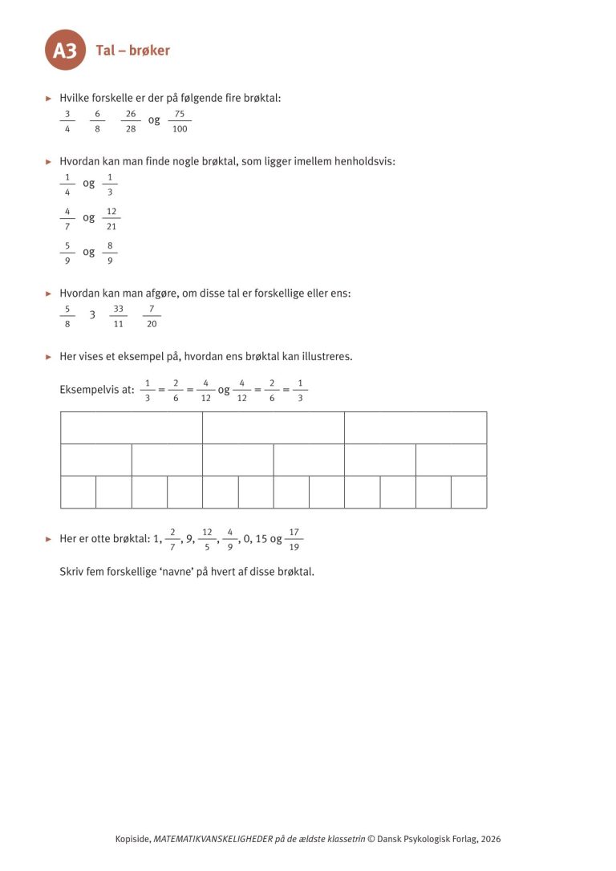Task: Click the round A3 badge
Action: point(65,51)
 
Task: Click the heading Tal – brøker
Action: point(132,51)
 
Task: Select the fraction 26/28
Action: point(131,121)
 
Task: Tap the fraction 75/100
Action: point(180,121)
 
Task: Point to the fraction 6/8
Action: point(97,121)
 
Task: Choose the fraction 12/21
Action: point(111,218)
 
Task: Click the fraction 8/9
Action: point(110,253)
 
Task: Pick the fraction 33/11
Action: point(118,316)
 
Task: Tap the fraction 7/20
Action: point(152,316)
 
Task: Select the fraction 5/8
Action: point(67,316)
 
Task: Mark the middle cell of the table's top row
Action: point(274,427)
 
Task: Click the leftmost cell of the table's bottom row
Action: point(78,492)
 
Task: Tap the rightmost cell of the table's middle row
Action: point(451,460)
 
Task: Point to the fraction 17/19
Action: point(294,540)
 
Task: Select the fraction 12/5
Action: point(207,540)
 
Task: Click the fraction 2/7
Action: point(172,540)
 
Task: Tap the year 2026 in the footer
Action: point(490,839)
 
